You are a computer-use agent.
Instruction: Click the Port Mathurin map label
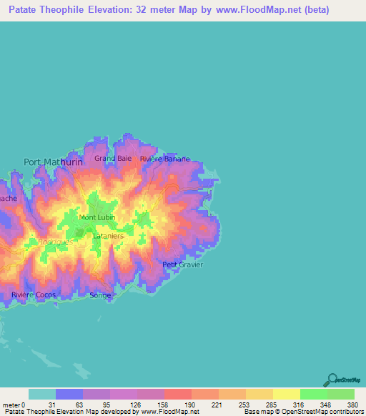pyautogui.click(x=53, y=162)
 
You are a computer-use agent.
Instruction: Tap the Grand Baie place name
pyautogui.click(x=113, y=158)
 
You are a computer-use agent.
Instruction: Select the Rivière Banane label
pyautogui.click(x=165, y=159)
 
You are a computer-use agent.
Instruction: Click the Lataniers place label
pyautogui.click(x=109, y=235)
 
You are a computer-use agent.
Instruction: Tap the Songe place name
pyautogui.click(x=100, y=294)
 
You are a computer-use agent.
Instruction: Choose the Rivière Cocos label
pyautogui.click(x=33, y=294)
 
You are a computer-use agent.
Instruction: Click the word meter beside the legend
pyautogui.click(x=11, y=405)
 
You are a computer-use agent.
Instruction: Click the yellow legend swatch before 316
pyautogui.click(x=286, y=394)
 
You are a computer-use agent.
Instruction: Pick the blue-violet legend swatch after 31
pyautogui.click(x=69, y=394)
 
